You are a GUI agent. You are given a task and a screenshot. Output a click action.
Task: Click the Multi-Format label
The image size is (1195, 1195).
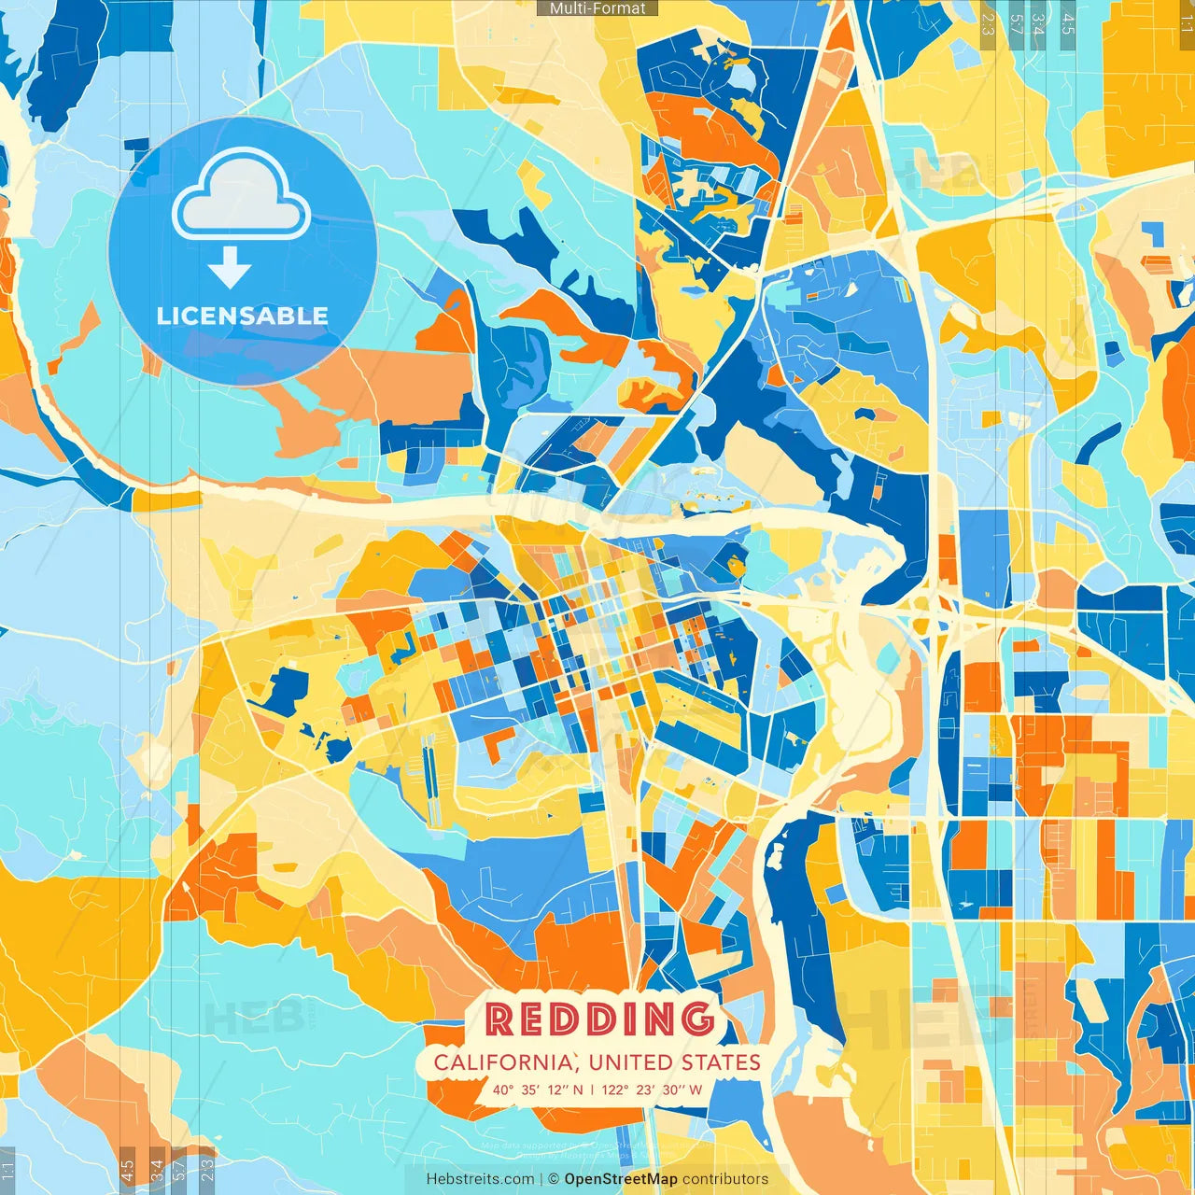point(597,8)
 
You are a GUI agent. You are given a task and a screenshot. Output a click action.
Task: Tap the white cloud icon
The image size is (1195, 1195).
point(242,198)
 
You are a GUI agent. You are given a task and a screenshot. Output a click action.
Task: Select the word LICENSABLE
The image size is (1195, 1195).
point(243,316)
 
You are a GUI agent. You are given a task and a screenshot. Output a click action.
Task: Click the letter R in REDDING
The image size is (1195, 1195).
point(500,1019)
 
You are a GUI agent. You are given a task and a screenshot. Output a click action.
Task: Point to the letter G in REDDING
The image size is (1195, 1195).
point(696,1019)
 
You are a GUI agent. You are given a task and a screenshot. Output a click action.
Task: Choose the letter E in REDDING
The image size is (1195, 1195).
point(531,1019)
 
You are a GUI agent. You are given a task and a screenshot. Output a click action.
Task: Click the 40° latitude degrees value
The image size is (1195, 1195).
point(504,1090)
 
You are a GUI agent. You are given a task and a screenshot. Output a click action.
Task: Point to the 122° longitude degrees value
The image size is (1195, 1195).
point(614,1090)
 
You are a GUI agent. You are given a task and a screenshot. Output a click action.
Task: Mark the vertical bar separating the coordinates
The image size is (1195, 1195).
point(592,1090)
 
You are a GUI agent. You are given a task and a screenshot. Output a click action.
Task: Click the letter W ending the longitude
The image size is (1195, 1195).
point(696,1090)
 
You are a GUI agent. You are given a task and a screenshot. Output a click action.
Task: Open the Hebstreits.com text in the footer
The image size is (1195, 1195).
point(480,1179)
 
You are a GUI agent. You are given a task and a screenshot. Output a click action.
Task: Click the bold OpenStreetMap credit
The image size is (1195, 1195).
point(620,1179)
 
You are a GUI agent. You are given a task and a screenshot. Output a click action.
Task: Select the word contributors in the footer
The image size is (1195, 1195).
point(725,1179)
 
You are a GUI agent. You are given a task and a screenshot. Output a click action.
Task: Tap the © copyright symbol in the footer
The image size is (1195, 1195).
point(553,1179)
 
